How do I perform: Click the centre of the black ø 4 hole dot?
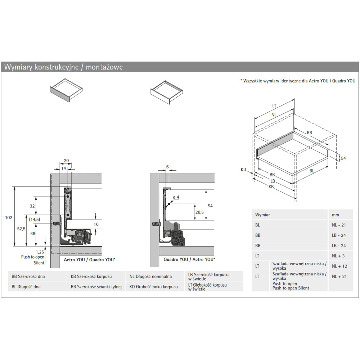(169, 204)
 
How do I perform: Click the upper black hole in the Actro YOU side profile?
(68, 197)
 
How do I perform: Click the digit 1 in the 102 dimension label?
(6, 218)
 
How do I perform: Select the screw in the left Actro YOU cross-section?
(57, 224)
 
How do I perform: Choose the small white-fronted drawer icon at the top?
(167, 92)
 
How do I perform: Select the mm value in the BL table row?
(339, 225)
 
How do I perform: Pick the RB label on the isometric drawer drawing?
(309, 133)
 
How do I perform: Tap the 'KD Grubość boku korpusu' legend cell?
(154, 287)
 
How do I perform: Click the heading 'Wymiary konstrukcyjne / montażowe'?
(64, 67)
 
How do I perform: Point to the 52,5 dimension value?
(21, 229)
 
